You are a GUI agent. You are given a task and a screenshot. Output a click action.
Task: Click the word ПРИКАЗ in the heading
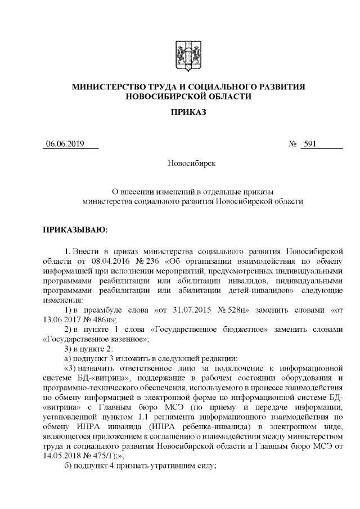[188, 112]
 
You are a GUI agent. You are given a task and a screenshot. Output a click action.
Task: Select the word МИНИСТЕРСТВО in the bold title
[105, 87]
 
